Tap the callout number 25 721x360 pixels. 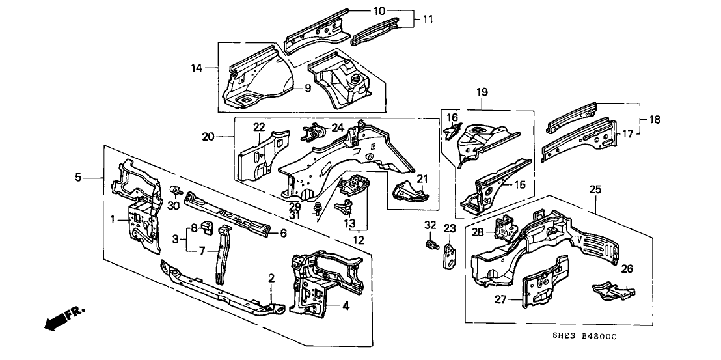(595, 189)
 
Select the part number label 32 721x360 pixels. (429, 225)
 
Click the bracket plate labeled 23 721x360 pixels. (450, 255)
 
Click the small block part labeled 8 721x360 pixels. (208, 227)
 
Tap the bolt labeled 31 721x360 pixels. (318, 209)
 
